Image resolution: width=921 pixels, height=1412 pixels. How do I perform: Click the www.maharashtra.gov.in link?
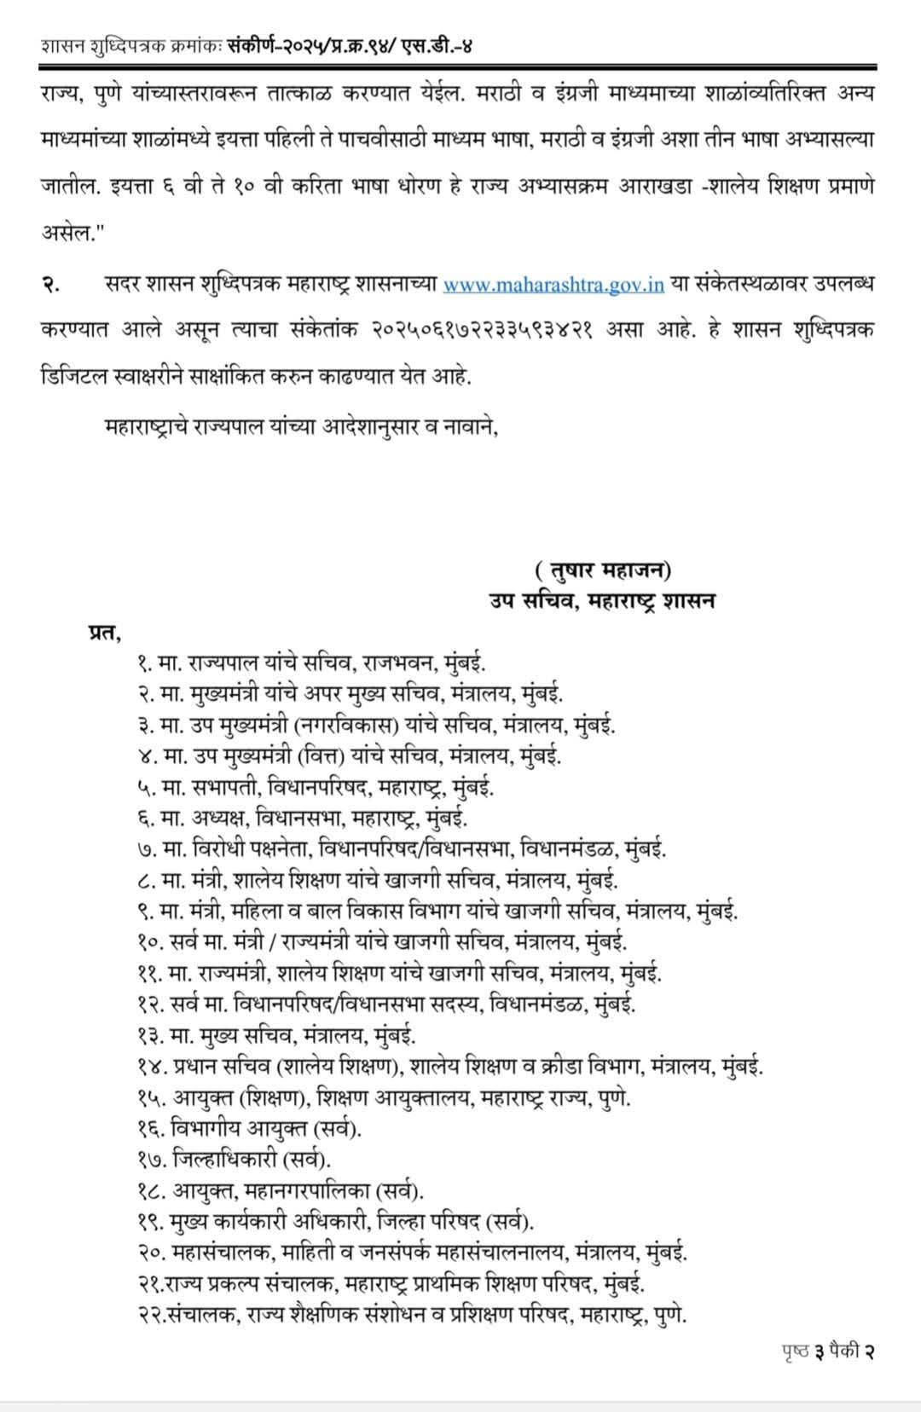(x=553, y=285)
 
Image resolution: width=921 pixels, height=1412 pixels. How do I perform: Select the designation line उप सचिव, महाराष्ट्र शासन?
(x=602, y=600)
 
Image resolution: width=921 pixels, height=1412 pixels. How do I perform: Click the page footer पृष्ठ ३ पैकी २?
(x=828, y=1350)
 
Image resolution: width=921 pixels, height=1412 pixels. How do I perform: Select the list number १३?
(x=150, y=1035)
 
